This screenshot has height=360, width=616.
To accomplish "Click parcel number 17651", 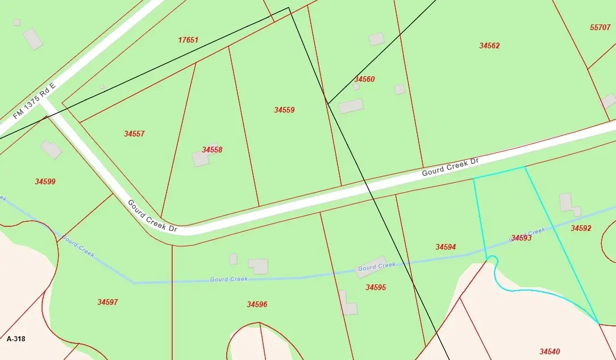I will tap(188, 40).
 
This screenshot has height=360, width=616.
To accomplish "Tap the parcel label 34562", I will tap(489, 45).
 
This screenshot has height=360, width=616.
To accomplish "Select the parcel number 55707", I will tap(600, 27).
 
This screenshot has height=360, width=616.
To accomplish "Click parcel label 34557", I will tap(134, 134).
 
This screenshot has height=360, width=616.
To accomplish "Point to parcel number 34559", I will tap(284, 110).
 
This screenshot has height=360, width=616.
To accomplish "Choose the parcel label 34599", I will tap(45, 181).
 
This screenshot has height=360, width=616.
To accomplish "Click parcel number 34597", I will tap(107, 302).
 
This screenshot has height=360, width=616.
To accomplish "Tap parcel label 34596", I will tap(257, 304).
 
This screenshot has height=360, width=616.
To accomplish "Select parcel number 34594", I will tap(446, 247).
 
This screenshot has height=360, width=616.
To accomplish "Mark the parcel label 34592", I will tap(581, 228).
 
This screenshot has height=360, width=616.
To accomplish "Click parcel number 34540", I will tap(550, 351).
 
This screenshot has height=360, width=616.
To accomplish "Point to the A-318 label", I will tap(16, 338).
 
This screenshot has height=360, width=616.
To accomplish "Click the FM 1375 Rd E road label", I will tap(34, 104).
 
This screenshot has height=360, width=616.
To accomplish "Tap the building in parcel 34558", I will tap(201, 158).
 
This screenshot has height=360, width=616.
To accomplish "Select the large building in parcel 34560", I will tap(351, 106).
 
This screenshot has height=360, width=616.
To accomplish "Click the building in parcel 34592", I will tap(567, 203).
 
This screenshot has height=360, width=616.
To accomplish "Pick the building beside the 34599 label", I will tap(51, 150).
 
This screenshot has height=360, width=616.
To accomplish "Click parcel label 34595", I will tap(376, 287).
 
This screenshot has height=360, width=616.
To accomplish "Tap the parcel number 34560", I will tap(364, 79).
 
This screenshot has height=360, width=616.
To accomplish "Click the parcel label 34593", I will tap(521, 238).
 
